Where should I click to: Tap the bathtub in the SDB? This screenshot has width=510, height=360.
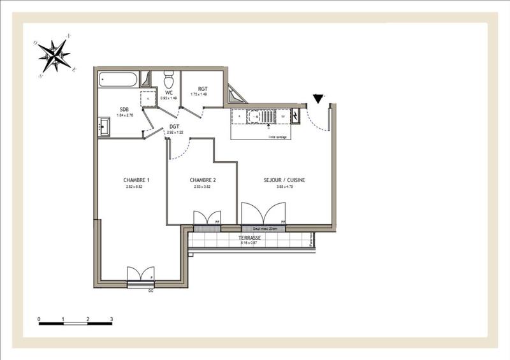(x=118, y=81)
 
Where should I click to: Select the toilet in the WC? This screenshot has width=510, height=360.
(x=169, y=80)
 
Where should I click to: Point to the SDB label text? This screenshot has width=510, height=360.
(x=123, y=109)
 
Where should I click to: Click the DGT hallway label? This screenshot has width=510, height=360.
(x=174, y=127)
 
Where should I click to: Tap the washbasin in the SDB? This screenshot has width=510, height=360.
(x=104, y=127)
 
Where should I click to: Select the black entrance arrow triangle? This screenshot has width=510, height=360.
(x=318, y=98)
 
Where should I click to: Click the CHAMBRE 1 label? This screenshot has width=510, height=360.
(x=136, y=180)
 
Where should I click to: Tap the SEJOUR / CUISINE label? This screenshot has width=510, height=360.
(x=284, y=180)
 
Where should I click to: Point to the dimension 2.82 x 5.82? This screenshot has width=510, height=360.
(x=134, y=187)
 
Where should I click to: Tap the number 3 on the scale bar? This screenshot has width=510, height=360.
(x=112, y=318)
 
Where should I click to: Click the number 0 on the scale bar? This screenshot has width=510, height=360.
(x=39, y=318)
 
